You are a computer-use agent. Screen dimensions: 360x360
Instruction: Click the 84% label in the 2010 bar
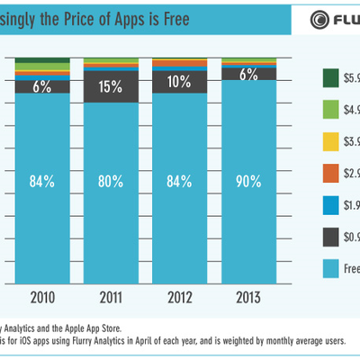click(x=42, y=181)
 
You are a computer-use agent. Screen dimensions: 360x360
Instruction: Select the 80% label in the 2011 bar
click(x=112, y=181)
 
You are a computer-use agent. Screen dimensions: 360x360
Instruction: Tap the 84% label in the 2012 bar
click(x=180, y=181)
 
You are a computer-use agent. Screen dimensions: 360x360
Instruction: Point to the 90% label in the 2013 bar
click(x=249, y=181)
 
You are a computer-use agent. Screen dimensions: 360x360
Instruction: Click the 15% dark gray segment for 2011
click(x=112, y=87)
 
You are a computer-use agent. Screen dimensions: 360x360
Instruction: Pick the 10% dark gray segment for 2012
click(x=180, y=82)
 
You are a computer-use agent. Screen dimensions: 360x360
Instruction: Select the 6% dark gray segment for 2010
click(x=42, y=87)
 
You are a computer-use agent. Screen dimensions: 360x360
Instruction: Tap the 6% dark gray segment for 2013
click(x=249, y=75)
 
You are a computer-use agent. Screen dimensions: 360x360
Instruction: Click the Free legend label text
click(x=350, y=268)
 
